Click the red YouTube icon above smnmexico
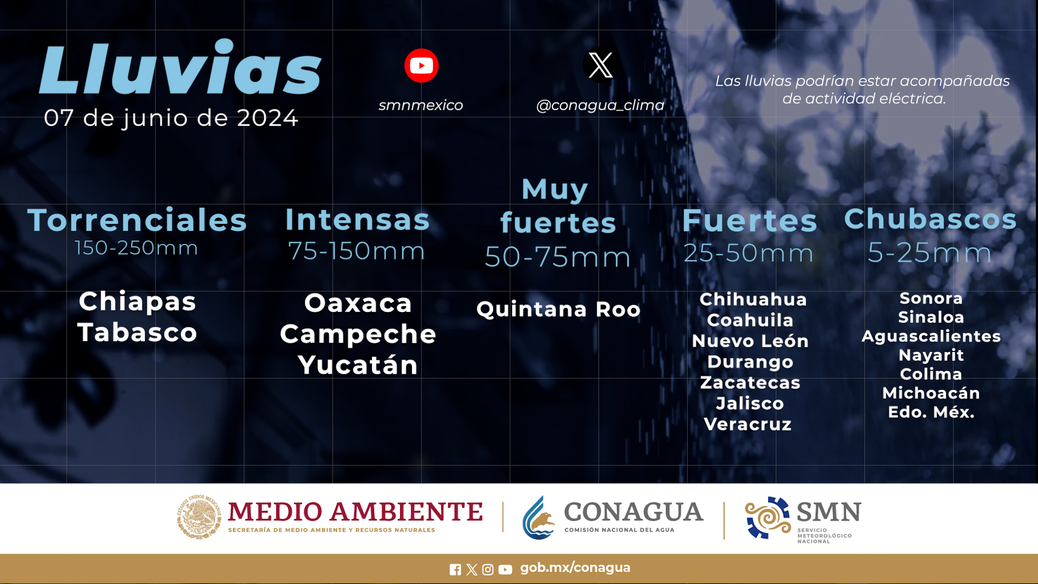[x=421, y=65]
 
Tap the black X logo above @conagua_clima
[x=600, y=65]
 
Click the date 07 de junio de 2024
[x=171, y=118]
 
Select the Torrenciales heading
[x=137, y=220]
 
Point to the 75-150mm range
[x=357, y=251]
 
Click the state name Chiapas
[x=137, y=301]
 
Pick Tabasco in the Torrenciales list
[x=137, y=332]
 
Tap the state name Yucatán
[x=358, y=364]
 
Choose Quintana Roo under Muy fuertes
[x=558, y=309]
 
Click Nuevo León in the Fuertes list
[x=750, y=341]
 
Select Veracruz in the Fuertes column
[x=748, y=424]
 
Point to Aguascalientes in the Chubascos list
[x=931, y=336]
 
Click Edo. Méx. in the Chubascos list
[x=931, y=412]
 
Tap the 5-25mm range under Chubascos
[x=930, y=253]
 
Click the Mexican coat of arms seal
[x=199, y=517]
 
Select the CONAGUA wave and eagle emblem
[x=538, y=518]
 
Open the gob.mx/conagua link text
[x=575, y=568]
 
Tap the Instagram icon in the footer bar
[x=488, y=569]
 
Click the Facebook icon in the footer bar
[x=455, y=569]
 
